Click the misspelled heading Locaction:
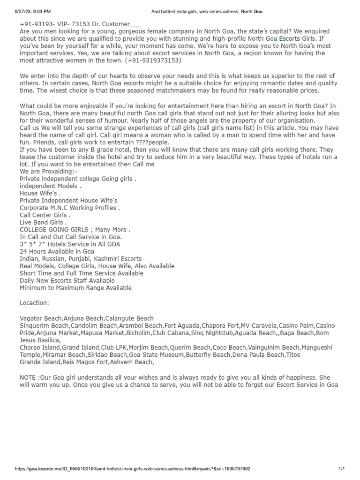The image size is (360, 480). [x=34, y=303]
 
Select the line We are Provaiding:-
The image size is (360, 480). [x=45, y=171]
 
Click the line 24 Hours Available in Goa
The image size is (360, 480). [x=57, y=251]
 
